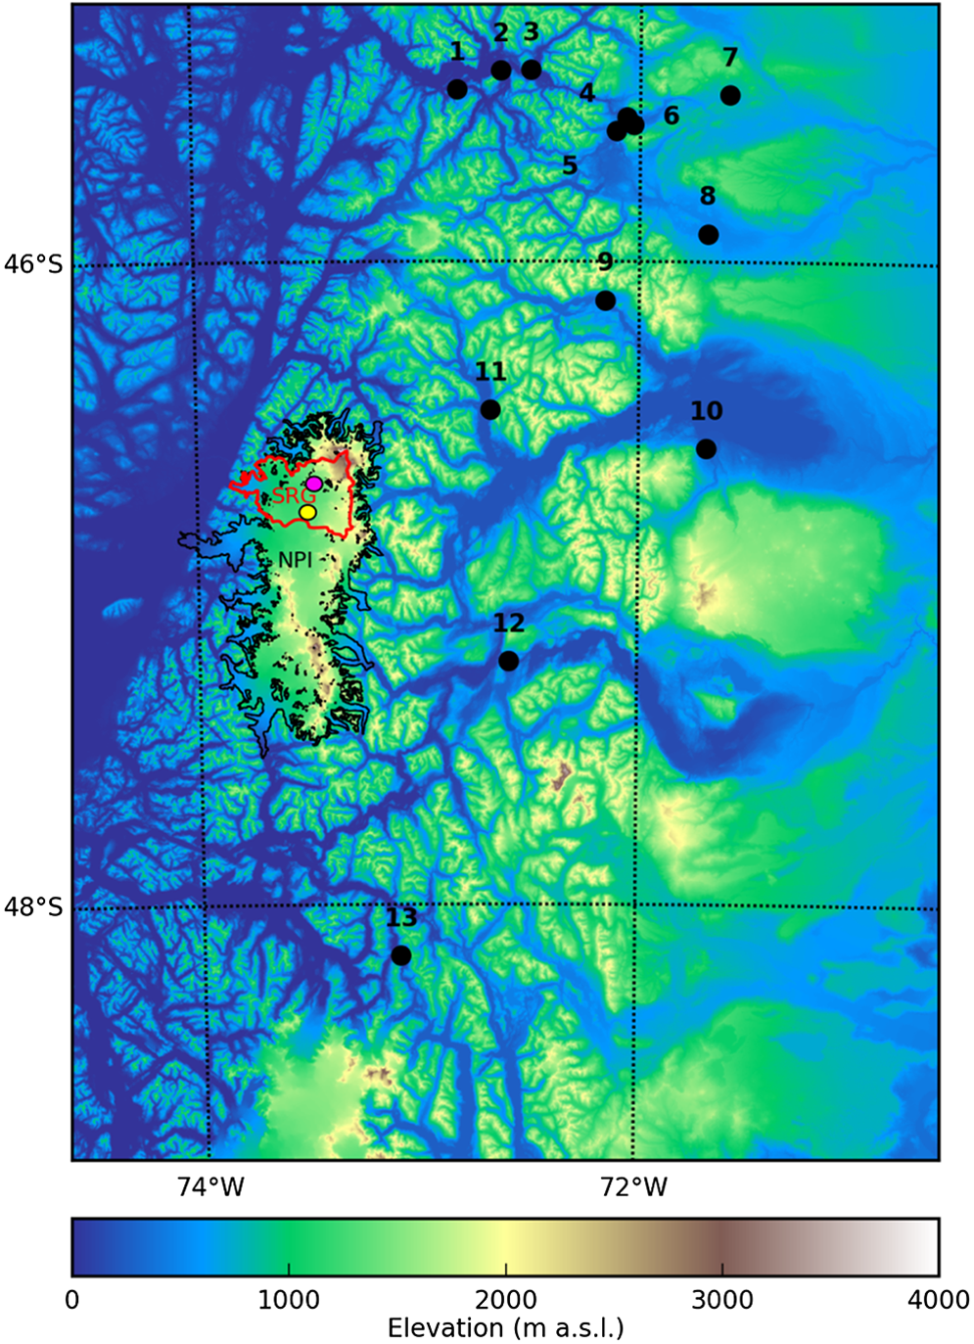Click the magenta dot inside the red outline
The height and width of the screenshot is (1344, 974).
coord(313,484)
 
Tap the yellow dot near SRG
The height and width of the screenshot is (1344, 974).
coord(307,512)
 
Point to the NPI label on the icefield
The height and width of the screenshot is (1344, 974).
coord(295,560)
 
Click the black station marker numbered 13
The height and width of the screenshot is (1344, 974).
coord(400,955)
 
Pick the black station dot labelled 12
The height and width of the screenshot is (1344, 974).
coord(508,662)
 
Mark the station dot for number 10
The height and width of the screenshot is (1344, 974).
coord(706,449)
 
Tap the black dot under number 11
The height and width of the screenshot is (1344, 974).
coord(490,409)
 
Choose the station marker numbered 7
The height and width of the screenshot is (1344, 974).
coord(729,95)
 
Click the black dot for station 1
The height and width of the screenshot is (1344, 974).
coord(457,89)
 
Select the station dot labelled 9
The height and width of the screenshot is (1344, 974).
coord(605,301)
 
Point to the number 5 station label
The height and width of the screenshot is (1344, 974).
coord(570,165)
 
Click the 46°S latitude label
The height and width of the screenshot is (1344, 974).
coord(33,264)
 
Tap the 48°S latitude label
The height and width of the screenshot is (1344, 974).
coord(33,907)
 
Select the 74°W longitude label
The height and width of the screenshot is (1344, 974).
coord(210,1187)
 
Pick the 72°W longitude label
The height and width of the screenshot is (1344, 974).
coord(634,1187)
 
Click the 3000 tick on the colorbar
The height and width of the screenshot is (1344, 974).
coord(722,1300)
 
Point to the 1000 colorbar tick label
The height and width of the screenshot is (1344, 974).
coord(289,1300)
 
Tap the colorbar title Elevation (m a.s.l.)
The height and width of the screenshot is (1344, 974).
coord(505,1328)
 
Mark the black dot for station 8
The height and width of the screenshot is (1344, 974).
coord(709,235)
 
